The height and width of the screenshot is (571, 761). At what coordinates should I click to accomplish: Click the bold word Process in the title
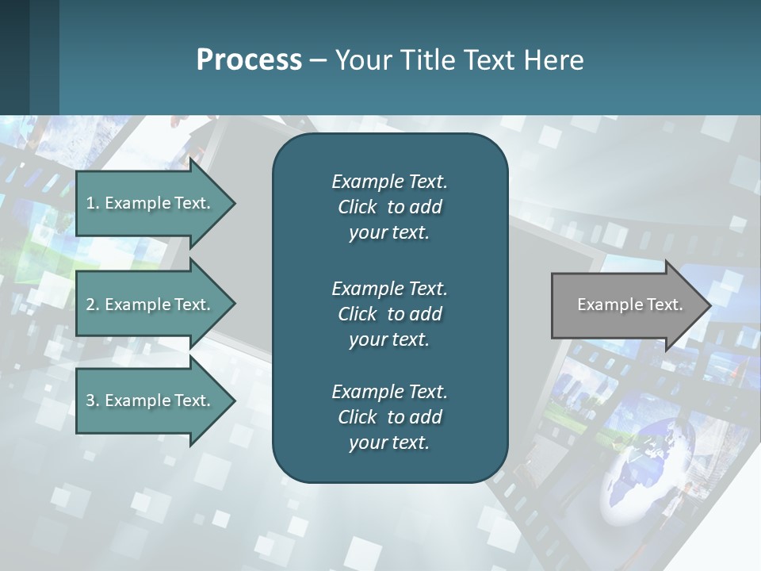point(249,60)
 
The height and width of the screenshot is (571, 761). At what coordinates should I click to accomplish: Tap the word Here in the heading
point(554,60)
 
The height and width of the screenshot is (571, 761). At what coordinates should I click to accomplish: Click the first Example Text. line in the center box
point(389,182)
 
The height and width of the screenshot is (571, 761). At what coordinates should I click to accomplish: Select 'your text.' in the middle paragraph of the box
point(389,339)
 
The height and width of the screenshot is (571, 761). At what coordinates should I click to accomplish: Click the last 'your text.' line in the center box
point(389,443)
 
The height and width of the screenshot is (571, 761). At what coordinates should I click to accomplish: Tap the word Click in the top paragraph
point(358,207)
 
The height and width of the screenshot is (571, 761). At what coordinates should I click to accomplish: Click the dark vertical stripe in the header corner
point(44,57)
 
